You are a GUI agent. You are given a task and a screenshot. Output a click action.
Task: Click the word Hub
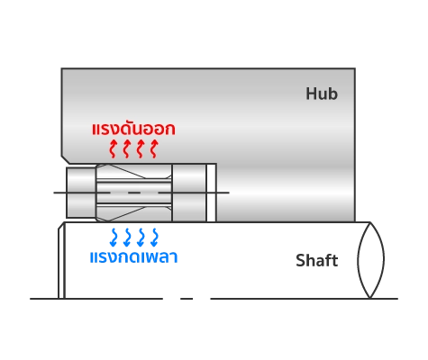(x=322, y=94)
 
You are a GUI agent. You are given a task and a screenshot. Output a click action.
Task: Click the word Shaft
(x=317, y=260)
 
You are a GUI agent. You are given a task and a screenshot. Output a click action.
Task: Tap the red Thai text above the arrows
(x=133, y=129)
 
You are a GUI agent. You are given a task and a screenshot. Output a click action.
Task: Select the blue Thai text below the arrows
(x=133, y=257)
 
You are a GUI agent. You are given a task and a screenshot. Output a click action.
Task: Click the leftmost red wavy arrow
(x=113, y=148)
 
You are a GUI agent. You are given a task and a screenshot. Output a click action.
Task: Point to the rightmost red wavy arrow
(x=154, y=148)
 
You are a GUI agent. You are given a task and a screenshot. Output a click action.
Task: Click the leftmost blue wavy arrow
(x=114, y=238)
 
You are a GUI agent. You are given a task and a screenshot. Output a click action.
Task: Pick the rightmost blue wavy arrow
(x=154, y=238)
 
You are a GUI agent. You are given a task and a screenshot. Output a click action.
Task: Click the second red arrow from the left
(x=126, y=148)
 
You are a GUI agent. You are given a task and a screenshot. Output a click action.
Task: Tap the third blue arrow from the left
(x=141, y=238)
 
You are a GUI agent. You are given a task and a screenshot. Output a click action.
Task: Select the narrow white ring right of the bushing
(x=211, y=193)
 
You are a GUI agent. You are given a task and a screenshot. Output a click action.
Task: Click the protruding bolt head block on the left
(x=81, y=193)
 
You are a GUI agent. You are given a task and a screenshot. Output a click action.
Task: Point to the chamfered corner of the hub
(x=66, y=160)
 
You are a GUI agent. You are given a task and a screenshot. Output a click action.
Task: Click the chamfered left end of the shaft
(x=61, y=260)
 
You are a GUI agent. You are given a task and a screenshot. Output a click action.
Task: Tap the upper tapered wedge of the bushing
(x=133, y=172)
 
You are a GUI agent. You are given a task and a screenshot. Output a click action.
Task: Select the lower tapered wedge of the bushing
(x=133, y=213)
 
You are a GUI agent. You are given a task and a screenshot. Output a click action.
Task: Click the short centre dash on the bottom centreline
(x=187, y=299)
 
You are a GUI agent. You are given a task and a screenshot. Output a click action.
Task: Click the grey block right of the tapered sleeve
(x=189, y=193)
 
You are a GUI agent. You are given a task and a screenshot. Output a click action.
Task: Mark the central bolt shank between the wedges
(x=134, y=193)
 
